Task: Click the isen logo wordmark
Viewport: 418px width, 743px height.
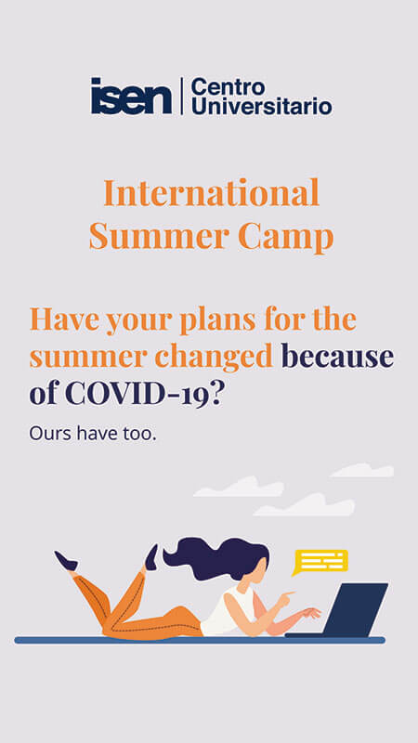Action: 131,96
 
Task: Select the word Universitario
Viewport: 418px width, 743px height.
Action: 262,106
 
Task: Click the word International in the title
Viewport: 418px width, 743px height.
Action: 212,193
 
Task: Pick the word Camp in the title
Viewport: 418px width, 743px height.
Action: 286,238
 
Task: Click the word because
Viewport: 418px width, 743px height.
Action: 337,357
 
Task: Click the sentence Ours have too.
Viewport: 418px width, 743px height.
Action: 93,433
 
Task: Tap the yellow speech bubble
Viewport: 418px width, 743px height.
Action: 320,562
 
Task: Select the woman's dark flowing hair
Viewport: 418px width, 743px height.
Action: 216,558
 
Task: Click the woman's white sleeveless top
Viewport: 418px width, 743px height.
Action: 228,612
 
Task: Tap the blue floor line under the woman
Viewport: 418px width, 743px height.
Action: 200,640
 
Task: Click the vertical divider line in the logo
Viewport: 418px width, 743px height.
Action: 182,97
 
